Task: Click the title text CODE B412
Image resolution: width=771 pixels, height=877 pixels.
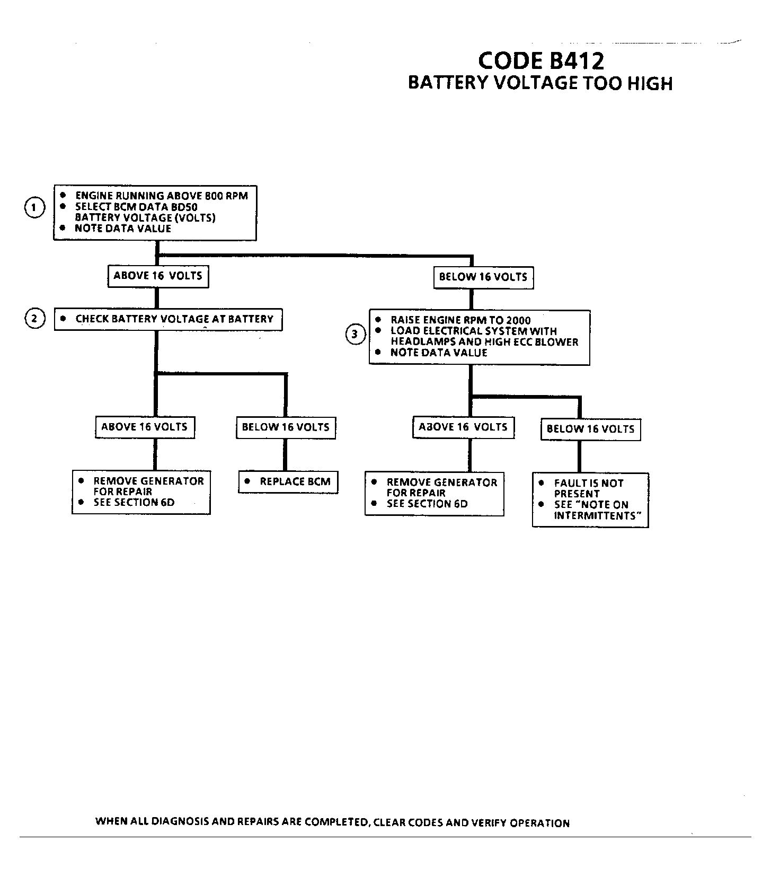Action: tap(540, 60)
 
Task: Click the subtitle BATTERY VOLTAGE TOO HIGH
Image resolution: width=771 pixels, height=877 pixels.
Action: tap(540, 83)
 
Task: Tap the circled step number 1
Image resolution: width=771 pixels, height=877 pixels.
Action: tap(34, 207)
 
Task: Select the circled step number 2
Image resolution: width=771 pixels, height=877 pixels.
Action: tap(34, 319)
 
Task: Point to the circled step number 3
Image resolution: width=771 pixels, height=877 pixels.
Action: tap(355, 335)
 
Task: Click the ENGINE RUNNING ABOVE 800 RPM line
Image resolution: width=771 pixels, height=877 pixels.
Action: tap(161, 196)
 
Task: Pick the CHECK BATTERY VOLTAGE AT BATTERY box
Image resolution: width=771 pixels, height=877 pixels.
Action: tap(168, 319)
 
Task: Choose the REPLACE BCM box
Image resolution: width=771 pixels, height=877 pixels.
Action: tap(288, 482)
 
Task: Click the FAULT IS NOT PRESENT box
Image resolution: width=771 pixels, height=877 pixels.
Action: tap(590, 499)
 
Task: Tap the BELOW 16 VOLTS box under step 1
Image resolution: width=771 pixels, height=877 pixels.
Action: tap(483, 277)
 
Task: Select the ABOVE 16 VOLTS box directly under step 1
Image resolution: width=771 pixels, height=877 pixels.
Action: tap(158, 276)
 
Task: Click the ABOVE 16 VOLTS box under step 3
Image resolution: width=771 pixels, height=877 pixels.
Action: tap(463, 427)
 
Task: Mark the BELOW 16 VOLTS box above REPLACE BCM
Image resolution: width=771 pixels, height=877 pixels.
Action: tap(286, 427)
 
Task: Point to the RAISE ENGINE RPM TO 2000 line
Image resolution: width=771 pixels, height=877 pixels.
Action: tap(460, 320)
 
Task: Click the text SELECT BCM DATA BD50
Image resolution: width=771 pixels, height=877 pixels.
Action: tap(136, 207)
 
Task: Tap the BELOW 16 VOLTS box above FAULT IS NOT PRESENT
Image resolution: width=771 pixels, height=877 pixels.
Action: tap(590, 429)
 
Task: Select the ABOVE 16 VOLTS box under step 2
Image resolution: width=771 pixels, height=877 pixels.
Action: tap(145, 427)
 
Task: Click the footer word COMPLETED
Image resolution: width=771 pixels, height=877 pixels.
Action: tap(337, 822)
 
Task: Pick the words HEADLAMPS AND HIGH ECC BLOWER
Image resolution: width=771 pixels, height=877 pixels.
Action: tap(484, 342)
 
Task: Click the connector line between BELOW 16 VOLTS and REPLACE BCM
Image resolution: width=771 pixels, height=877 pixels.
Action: tap(286, 455)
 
